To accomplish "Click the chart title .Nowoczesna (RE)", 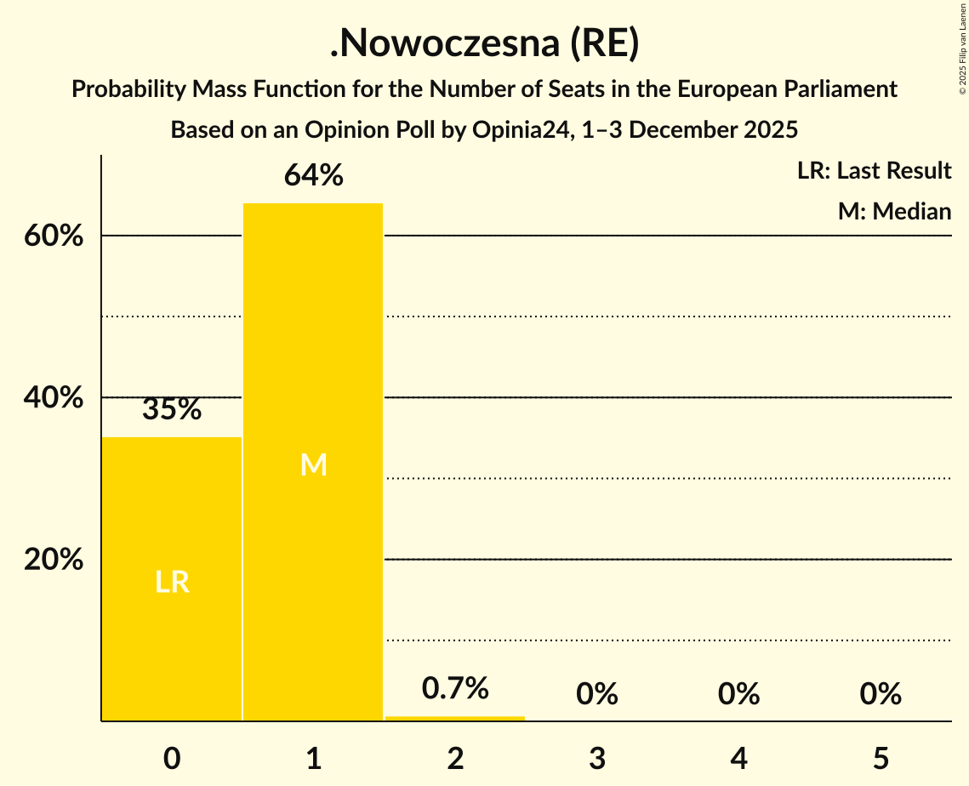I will click(484, 44).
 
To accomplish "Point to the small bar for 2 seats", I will click(455, 718).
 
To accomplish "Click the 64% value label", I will click(313, 175).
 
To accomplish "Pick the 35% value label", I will click(172, 409).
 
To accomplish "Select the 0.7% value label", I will click(455, 687).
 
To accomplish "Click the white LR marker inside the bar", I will click(172, 582).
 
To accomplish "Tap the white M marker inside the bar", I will click(313, 464).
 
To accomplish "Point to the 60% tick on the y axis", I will click(54, 236).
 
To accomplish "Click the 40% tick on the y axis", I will click(54, 398).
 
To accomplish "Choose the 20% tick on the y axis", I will click(54, 560).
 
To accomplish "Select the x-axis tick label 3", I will click(597, 758).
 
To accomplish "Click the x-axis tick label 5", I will click(881, 758).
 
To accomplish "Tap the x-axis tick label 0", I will click(172, 758).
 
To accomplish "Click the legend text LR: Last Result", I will click(874, 171).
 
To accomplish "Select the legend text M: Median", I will click(894, 211).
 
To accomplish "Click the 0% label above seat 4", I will click(738, 694).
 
